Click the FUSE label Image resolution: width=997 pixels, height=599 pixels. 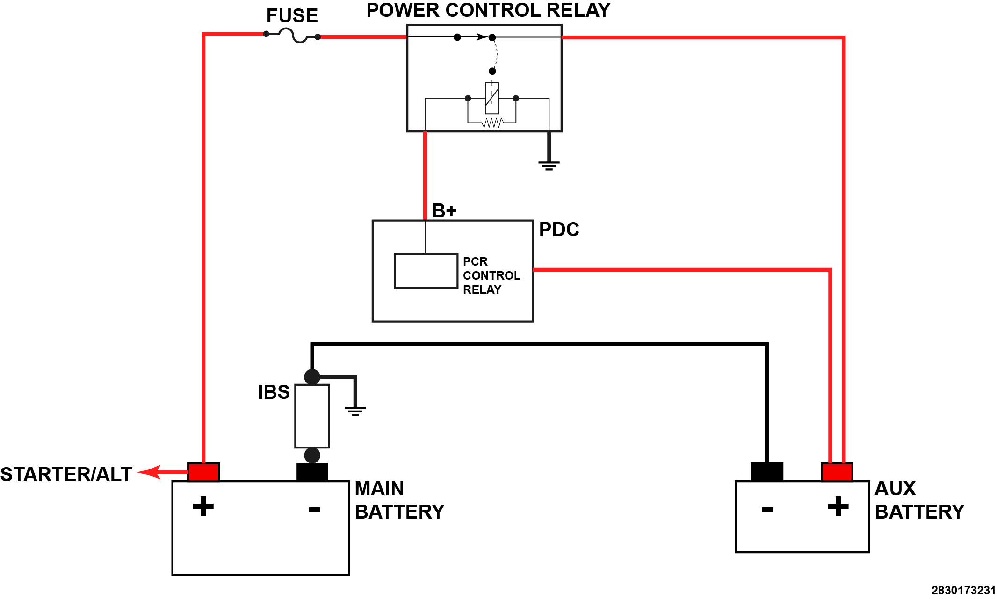pos(292,16)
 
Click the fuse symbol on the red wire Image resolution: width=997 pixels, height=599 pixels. pos(292,35)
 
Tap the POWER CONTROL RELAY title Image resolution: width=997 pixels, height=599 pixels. pos(488,10)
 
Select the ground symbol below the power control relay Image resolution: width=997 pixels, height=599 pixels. pos(549,165)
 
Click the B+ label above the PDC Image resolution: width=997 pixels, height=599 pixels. pos(444,211)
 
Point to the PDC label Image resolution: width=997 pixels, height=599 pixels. pos(559,230)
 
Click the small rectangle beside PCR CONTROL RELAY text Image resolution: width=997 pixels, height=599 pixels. pos(426,271)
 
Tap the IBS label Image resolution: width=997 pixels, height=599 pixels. pos(274,392)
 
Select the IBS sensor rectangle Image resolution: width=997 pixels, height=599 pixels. pos(312,416)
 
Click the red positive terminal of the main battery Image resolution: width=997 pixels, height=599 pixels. pos(203,472)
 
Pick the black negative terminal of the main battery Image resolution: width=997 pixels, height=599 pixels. pos(312,472)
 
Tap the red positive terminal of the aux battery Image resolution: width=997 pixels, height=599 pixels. pos(837,472)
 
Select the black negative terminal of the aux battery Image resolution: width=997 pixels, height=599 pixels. pos(767,472)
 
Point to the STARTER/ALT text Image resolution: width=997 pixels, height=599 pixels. pos(66,475)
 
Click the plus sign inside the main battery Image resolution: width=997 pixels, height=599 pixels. pos(203,506)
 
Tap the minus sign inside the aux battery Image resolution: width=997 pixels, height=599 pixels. pos(767,510)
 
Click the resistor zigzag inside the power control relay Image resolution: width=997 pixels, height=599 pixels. pos(492,123)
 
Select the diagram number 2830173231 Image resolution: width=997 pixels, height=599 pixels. pos(963,590)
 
